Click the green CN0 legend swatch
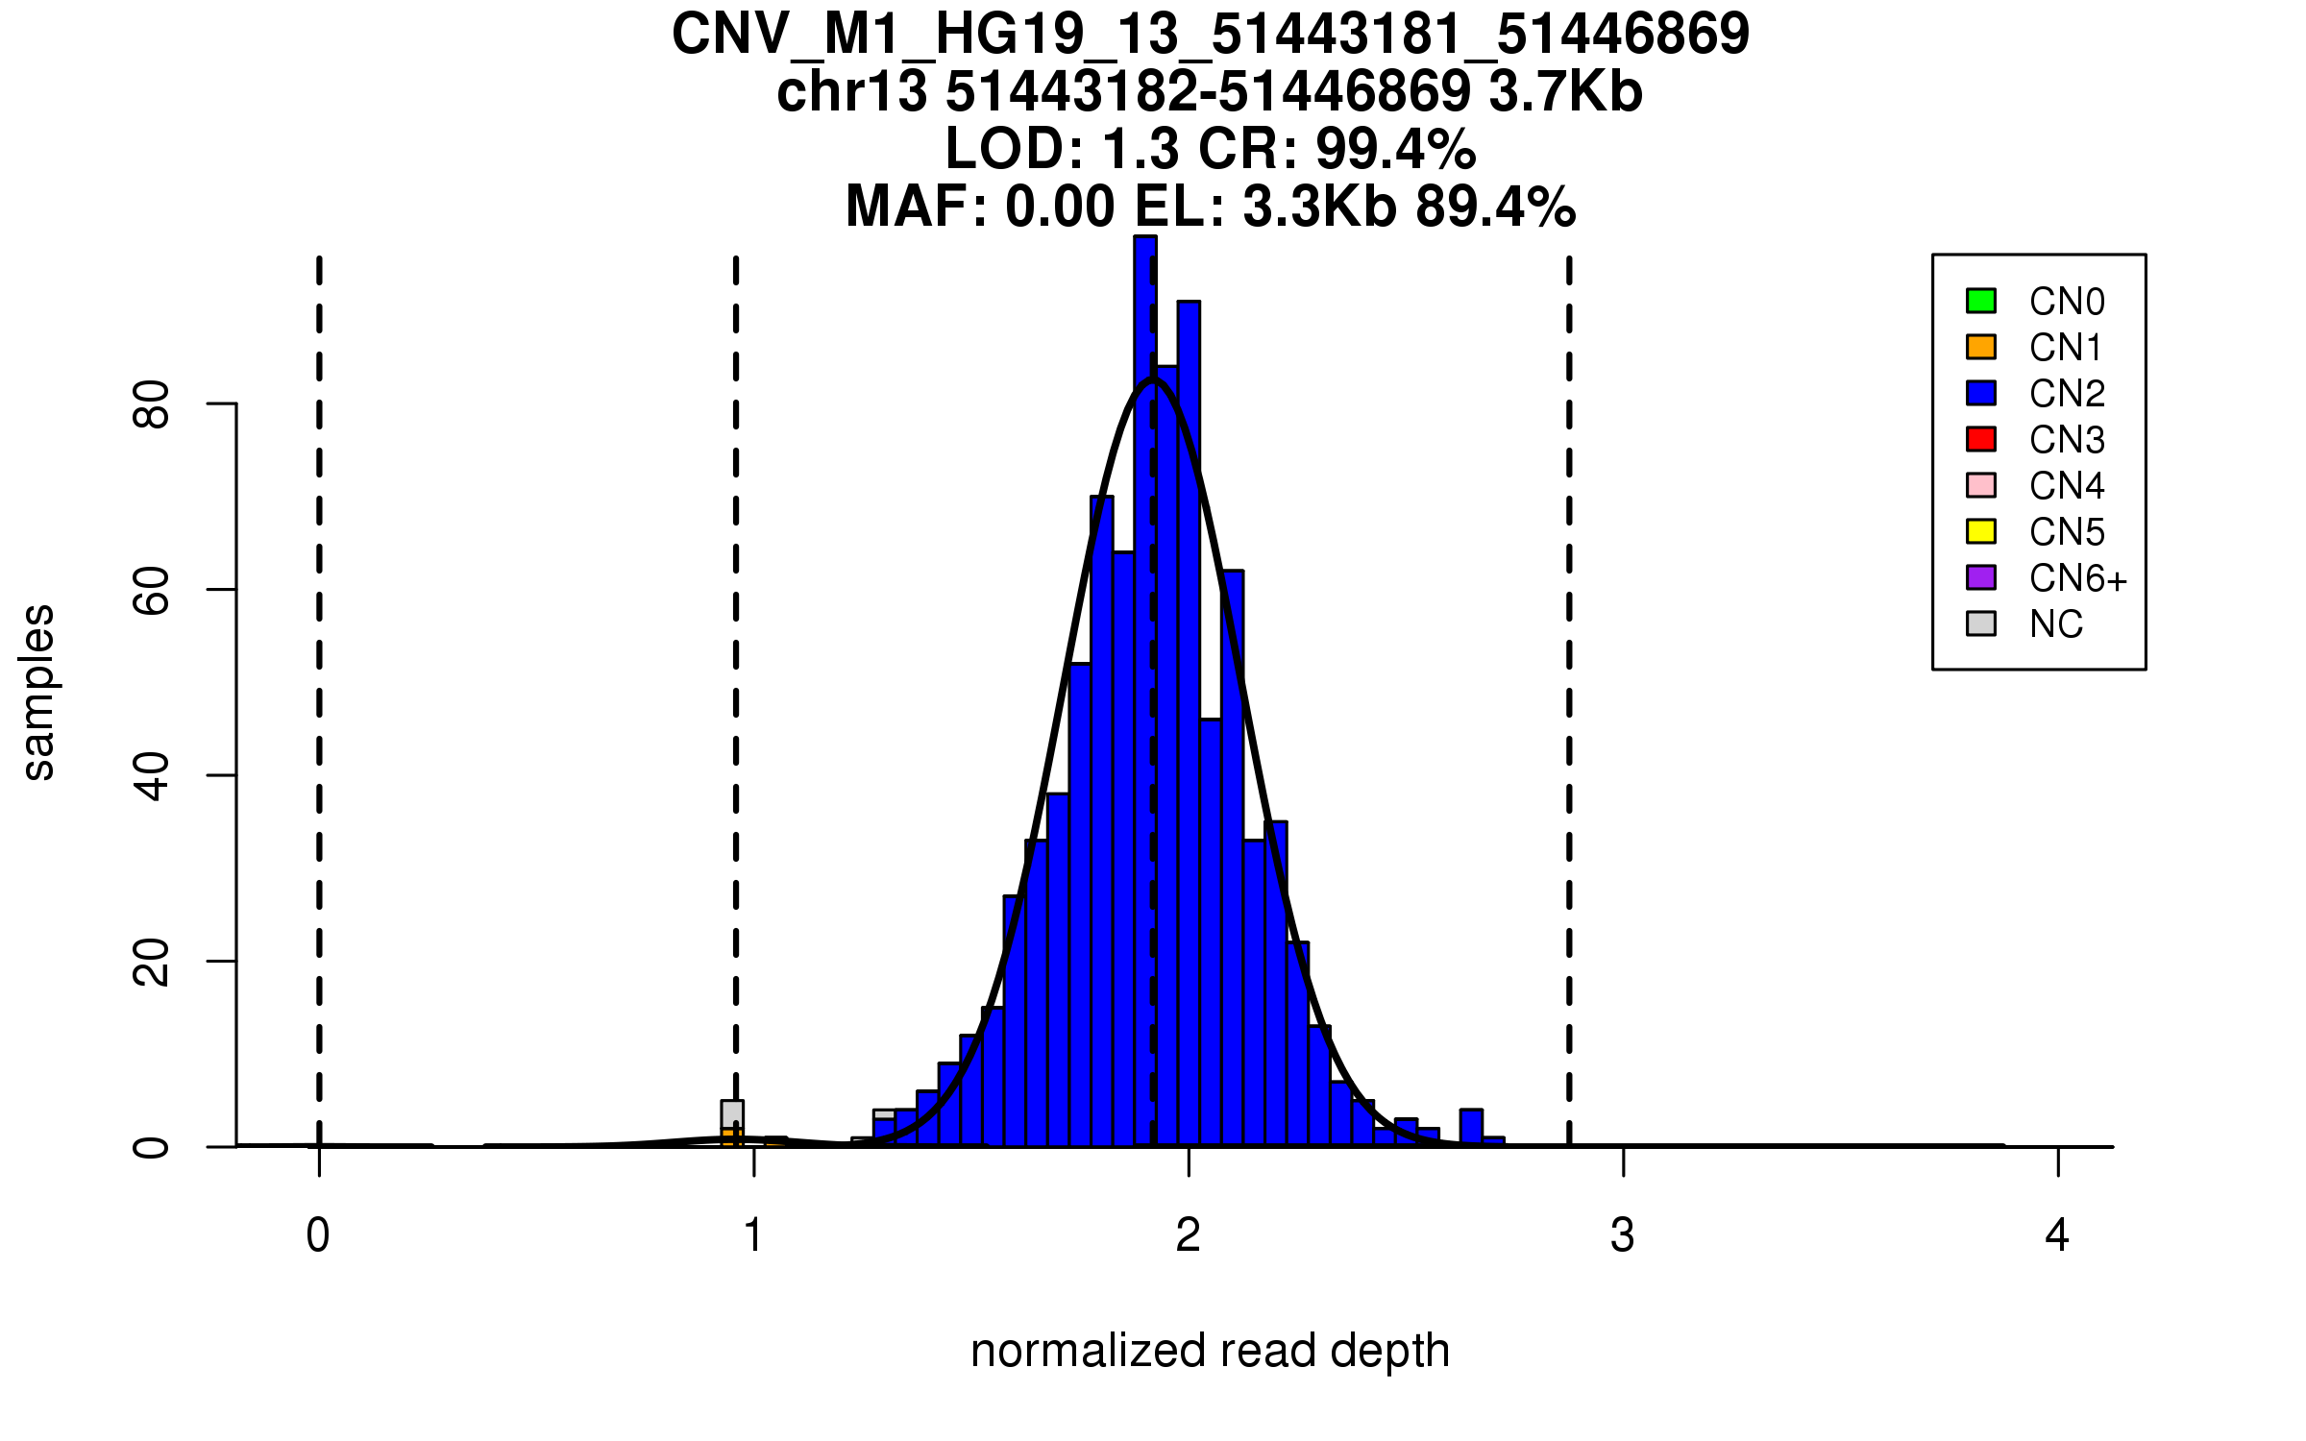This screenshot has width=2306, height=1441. pos(1981,301)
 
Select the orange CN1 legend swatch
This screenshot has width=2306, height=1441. pos(1981,347)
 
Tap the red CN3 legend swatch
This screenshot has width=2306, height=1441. pos(1981,439)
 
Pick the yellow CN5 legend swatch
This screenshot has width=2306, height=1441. pos(1981,531)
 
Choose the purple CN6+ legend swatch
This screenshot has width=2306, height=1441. pos(1981,577)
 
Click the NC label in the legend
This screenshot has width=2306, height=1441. pos(2056,624)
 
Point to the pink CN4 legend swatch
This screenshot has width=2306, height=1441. pos(1981,485)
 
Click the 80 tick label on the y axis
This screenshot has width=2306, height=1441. pos(152,404)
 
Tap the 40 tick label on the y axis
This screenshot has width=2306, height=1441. pos(152,776)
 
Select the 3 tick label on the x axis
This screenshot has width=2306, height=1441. pos(1623,1235)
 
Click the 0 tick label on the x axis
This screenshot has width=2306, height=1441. pos(318,1235)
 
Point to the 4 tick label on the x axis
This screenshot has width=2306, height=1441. pos(2057,1235)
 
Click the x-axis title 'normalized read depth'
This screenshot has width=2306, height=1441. pos(1210,1351)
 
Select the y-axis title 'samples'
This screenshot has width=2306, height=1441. pos(38,692)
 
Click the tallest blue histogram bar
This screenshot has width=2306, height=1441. pos(1144,672)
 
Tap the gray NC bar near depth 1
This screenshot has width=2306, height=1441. pos(732,1114)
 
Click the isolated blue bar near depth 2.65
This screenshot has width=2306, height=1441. pos(1471,1128)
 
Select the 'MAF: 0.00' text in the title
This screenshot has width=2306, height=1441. pos(979,207)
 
